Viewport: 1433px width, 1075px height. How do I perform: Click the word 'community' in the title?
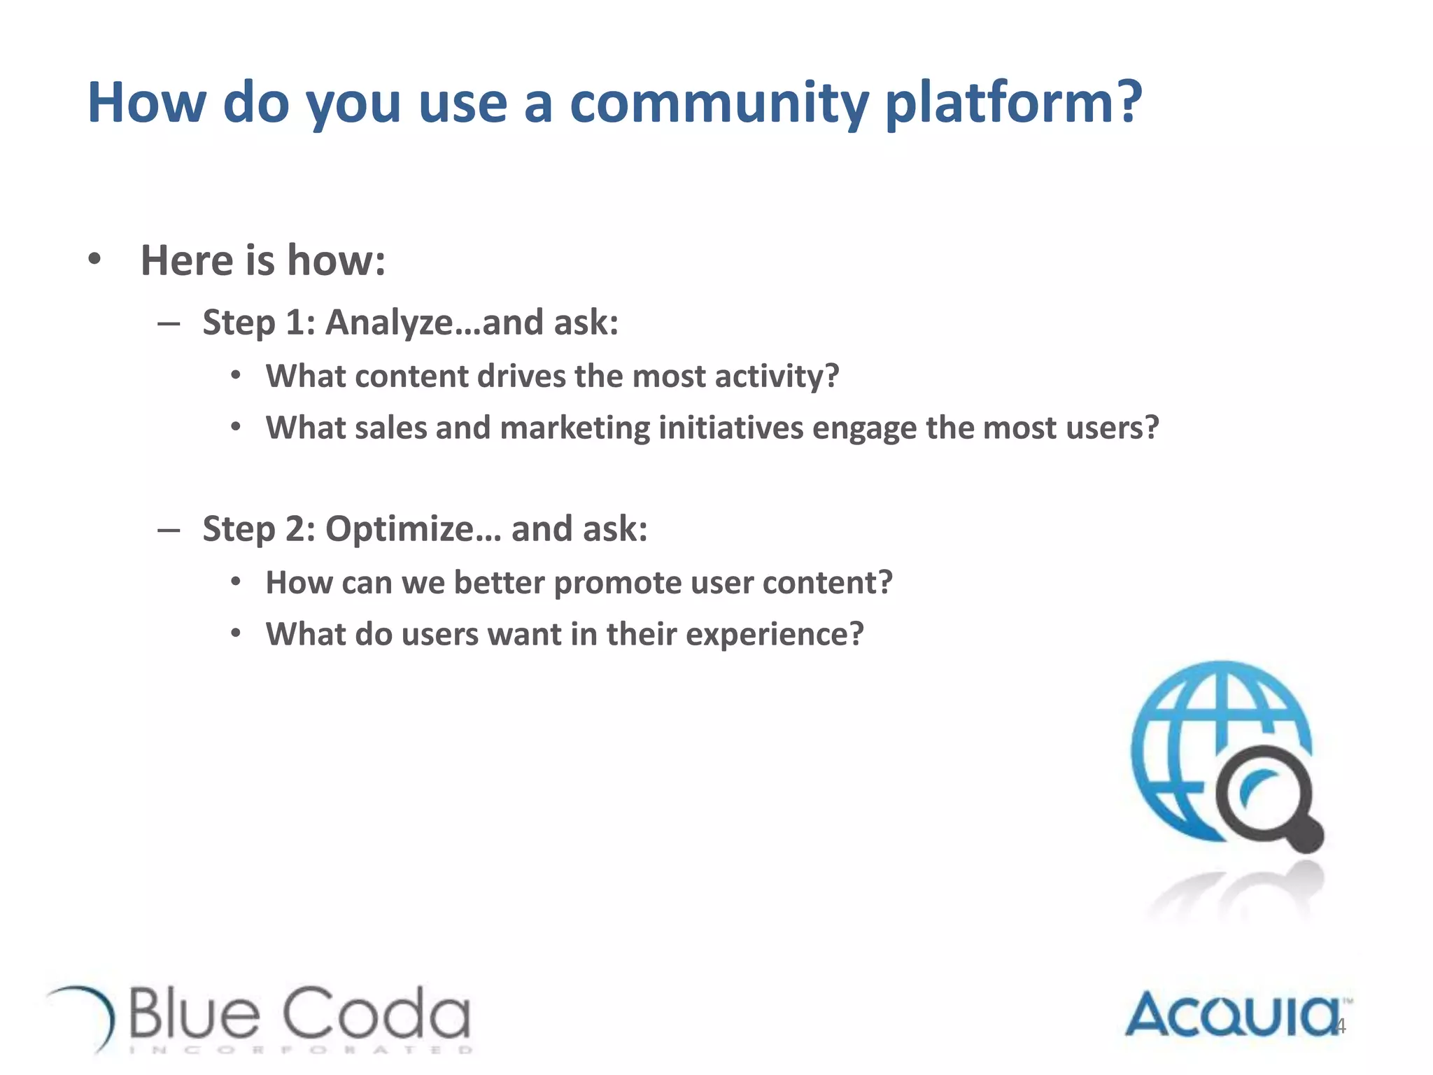pyautogui.click(x=719, y=103)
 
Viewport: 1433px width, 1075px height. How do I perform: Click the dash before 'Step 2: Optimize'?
pyautogui.click(x=169, y=530)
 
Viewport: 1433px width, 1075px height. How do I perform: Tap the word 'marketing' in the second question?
pyautogui.click(x=574, y=428)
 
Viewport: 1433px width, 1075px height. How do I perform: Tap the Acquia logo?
pyautogui.click(x=1231, y=1015)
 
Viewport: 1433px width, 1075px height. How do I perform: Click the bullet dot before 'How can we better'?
pyautogui.click(x=237, y=582)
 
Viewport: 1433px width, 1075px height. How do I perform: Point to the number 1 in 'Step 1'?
pyautogui.click(x=295, y=323)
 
